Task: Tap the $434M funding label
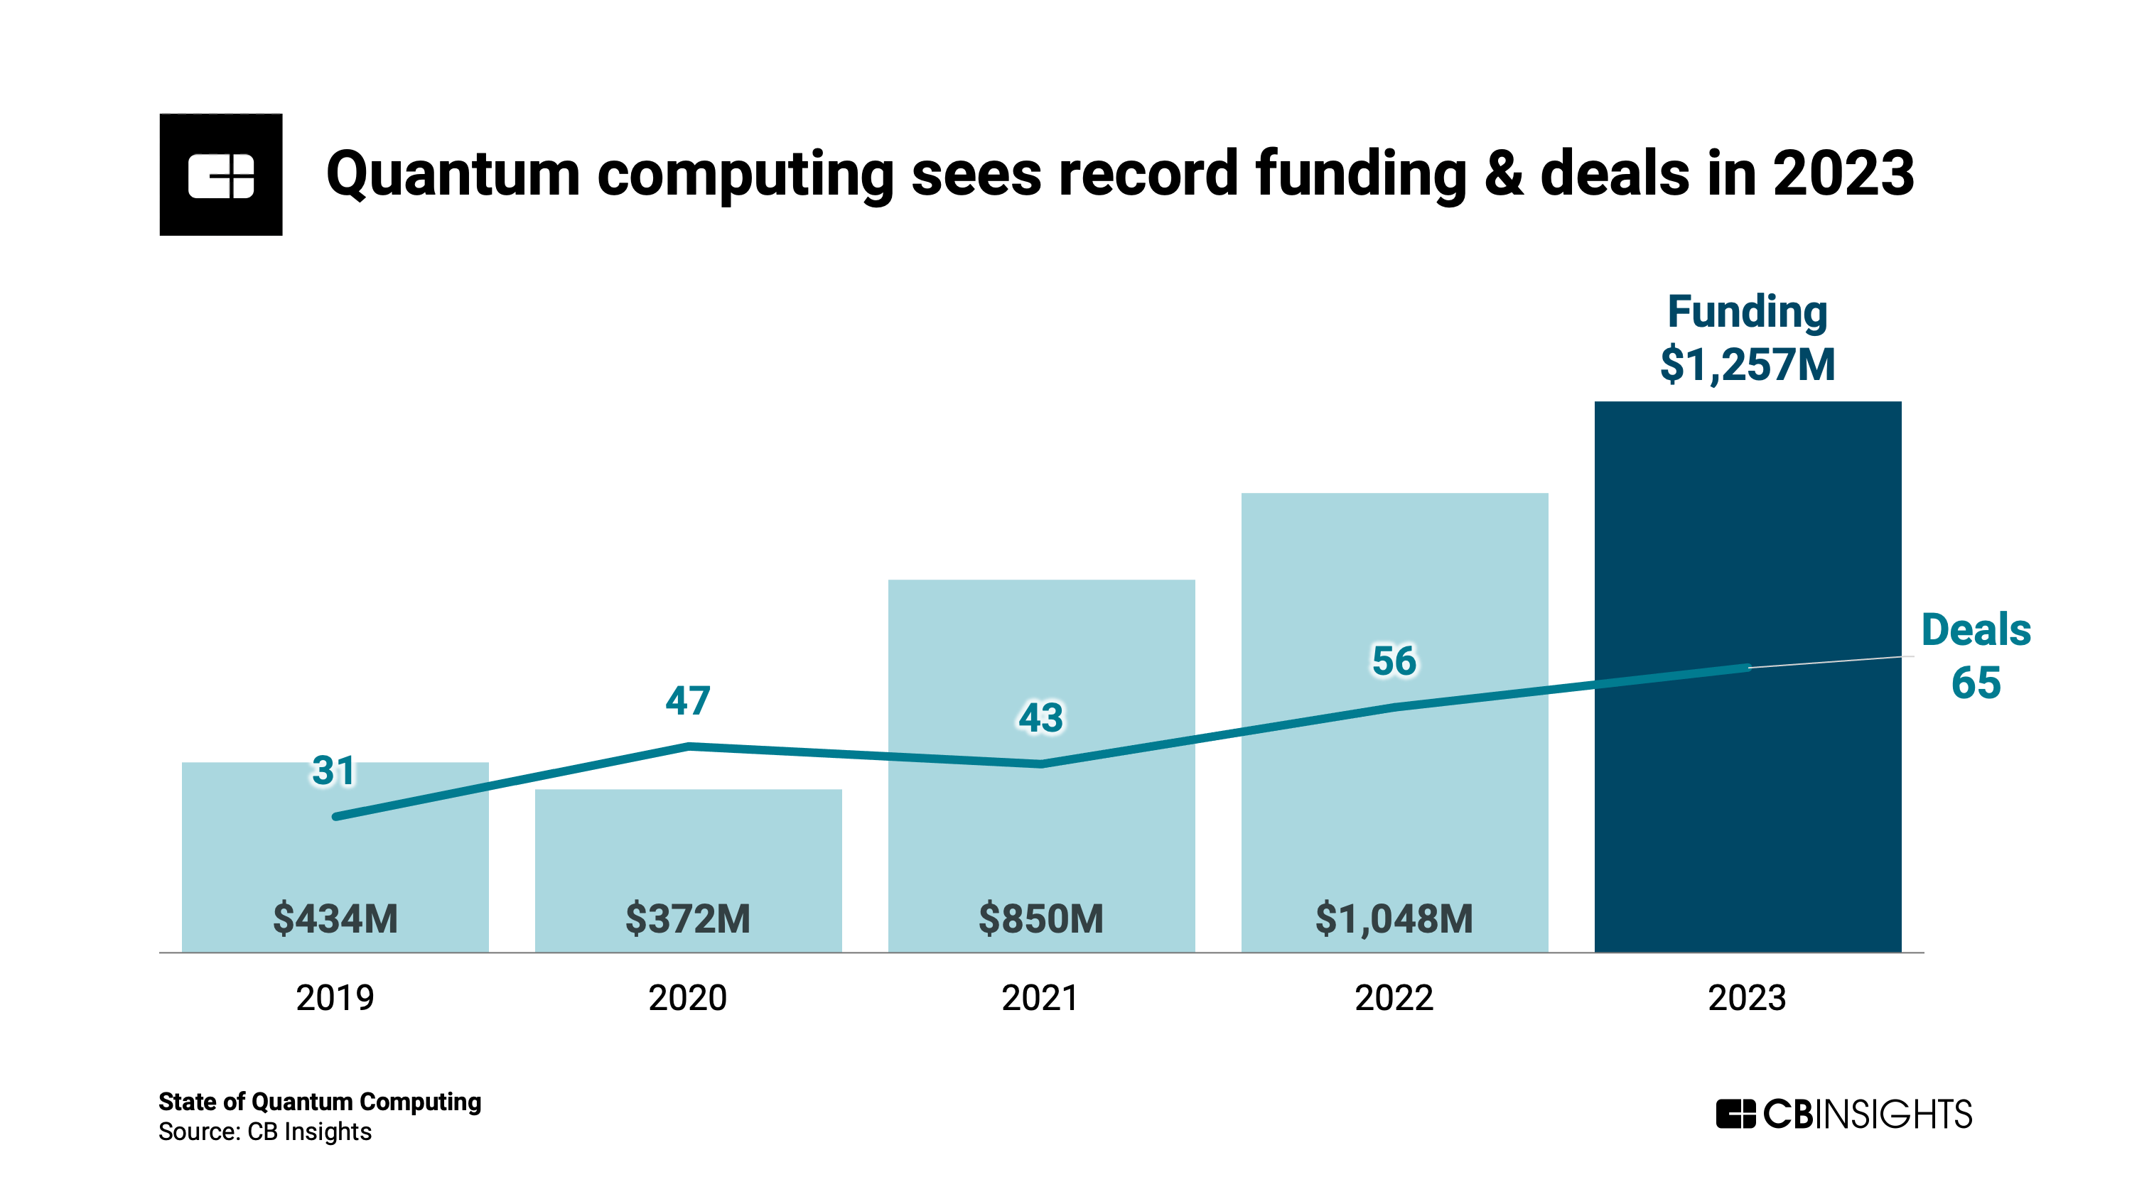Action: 335,918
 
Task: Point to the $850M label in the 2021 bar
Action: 1040,918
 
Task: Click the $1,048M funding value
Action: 1394,918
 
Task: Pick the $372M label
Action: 688,918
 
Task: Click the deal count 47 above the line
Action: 688,701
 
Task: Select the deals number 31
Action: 333,771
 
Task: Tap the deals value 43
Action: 1040,717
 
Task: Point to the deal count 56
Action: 1394,661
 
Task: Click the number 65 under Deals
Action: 1976,683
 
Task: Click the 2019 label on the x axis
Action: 335,998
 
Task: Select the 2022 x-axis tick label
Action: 1394,998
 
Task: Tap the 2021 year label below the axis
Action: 1040,998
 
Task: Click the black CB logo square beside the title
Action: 221,175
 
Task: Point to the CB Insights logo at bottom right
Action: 1843,1114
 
